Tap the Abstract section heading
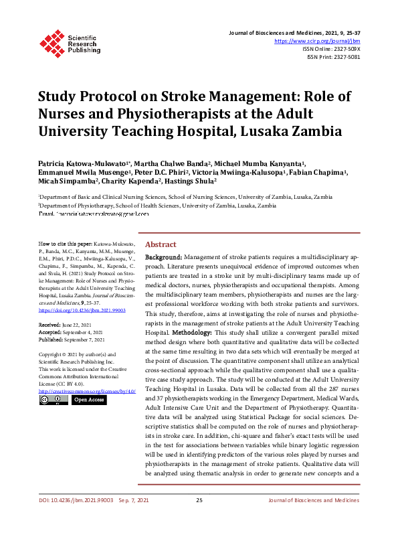tap(161, 245)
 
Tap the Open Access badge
tap(88, 400)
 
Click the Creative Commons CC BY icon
tap(53, 400)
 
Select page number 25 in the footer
tap(199, 519)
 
